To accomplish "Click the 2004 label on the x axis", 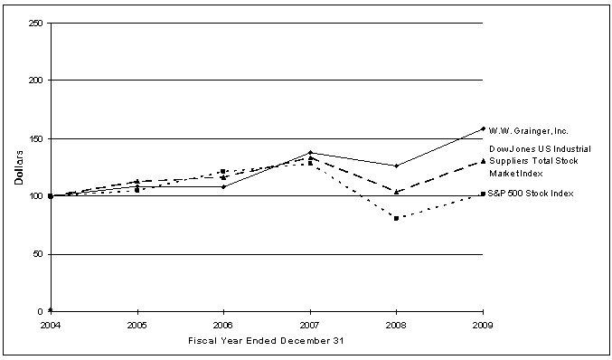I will (x=51, y=324).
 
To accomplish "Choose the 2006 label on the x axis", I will (x=223, y=324).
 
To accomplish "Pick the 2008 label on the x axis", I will (x=396, y=324).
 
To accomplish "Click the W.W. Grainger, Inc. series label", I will (x=529, y=131).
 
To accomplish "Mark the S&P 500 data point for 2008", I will (x=396, y=218).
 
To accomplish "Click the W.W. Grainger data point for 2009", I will (x=483, y=128).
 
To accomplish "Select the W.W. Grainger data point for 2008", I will (x=396, y=166).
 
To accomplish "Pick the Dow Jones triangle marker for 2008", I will (x=396, y=192).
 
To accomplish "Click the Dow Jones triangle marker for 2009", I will (x=483, y=161).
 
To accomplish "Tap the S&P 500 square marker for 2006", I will (x=223, y=171).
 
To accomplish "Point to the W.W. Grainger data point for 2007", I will (x=310, y=152).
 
